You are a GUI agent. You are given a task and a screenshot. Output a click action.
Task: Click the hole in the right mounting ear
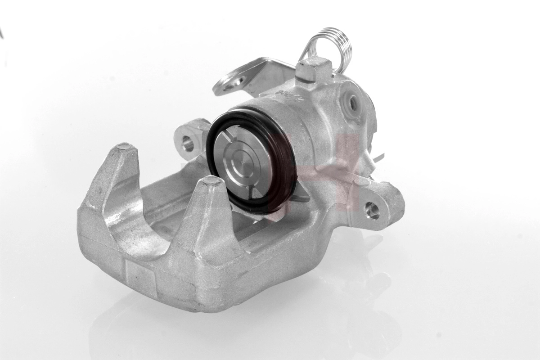(372, 210)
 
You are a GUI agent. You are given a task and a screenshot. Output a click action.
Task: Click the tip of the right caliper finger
(211, 180)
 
